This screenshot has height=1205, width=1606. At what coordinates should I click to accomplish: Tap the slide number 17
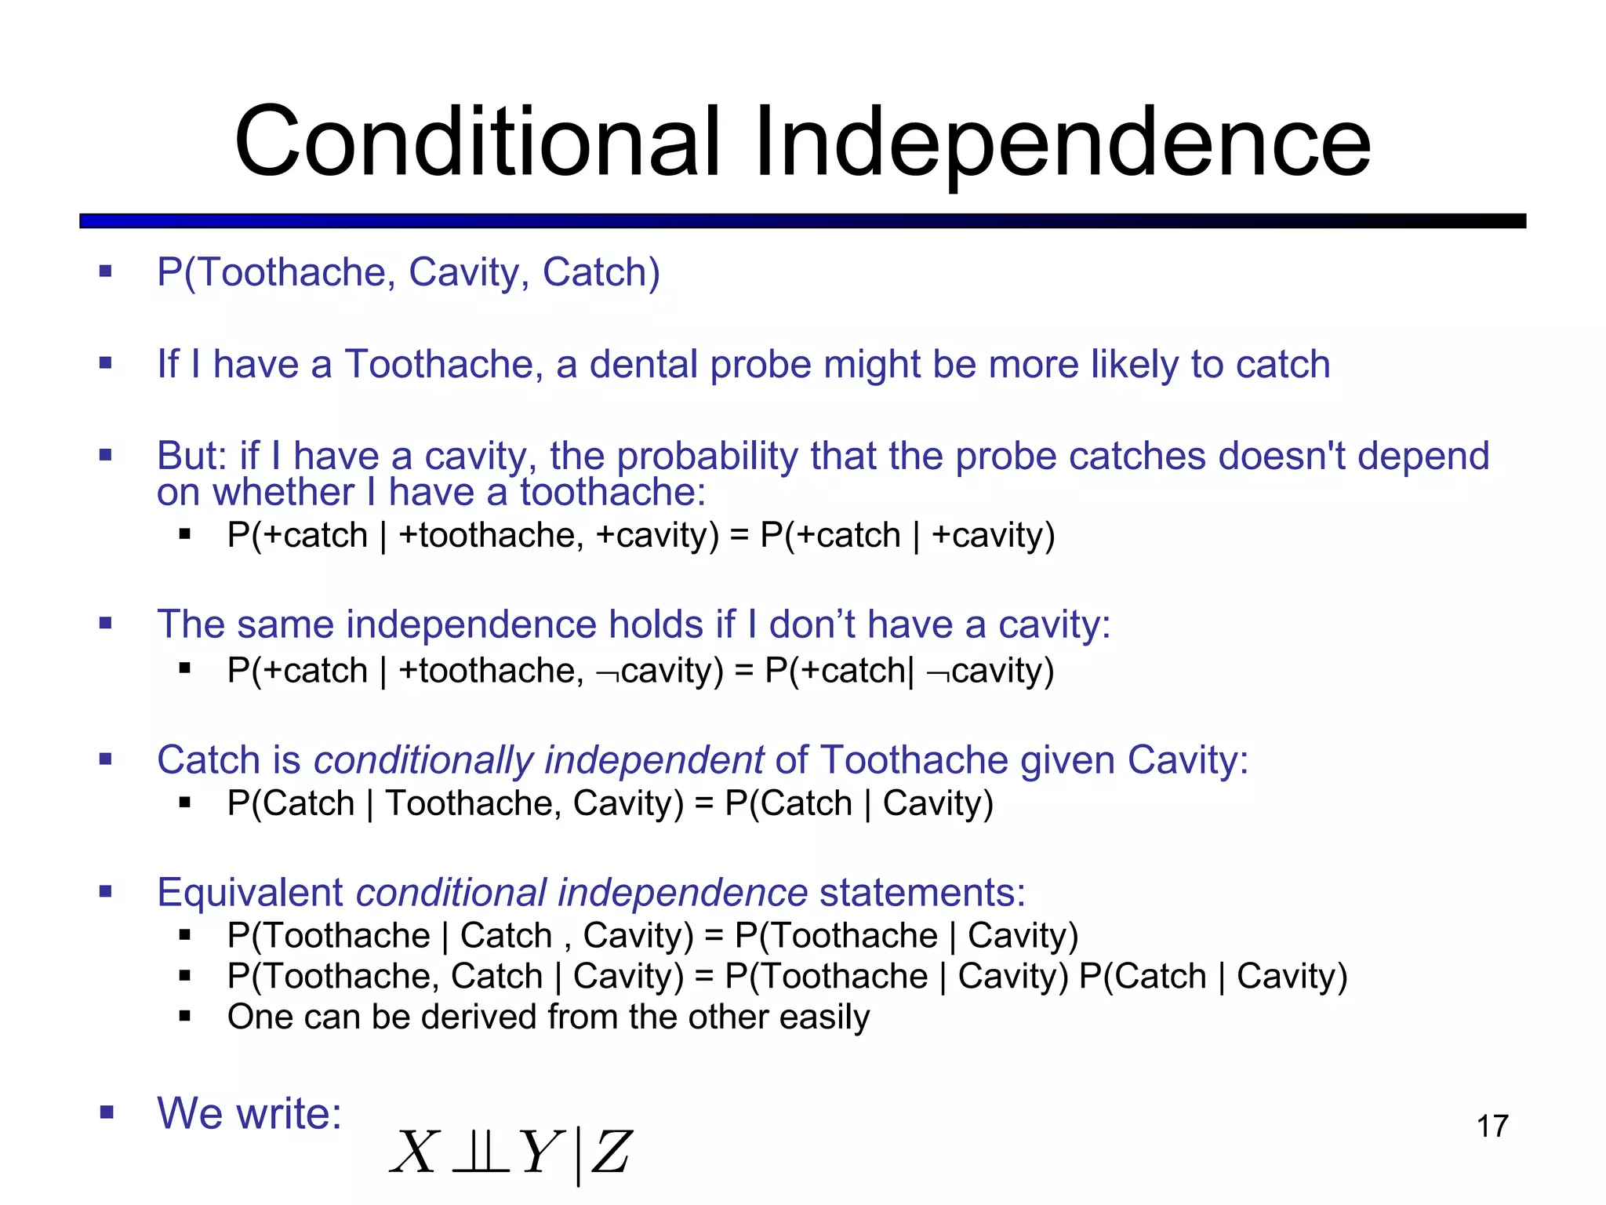coord(1492,1126)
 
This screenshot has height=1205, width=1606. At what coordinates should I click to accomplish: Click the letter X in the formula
coord(414,1152)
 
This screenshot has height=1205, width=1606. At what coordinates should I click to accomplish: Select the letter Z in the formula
coord(611,1152)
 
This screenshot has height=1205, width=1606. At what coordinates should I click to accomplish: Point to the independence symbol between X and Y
coord(480,1152)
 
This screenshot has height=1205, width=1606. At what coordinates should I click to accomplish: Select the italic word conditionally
coord(423,760)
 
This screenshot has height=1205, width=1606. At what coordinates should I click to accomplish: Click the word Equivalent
coord(249,893)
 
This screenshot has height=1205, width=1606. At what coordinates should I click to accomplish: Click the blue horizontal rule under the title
coord(802,221)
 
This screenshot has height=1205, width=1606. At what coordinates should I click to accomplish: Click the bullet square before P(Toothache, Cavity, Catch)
coord(106,272)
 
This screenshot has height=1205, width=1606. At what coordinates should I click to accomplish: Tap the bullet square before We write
coord(106,1112)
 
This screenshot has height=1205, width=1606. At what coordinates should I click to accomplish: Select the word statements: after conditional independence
coord(922,893)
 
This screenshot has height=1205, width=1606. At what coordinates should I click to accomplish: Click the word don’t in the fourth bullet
coord(812,624)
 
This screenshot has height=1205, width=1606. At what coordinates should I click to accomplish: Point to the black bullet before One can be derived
coord(185,1017)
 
